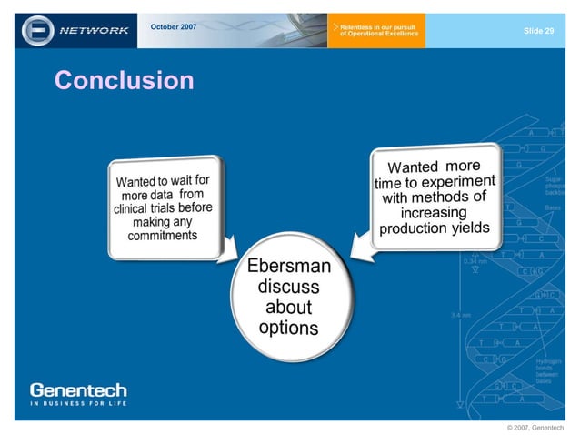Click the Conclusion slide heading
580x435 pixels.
[125, 81]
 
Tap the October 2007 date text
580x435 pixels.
[173, 26]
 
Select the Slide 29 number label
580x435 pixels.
[538, 31]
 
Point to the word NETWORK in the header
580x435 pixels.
[95, 30]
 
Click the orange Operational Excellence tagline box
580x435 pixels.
[375, 31]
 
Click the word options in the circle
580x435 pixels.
[288, 327]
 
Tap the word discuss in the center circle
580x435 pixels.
[288, 287]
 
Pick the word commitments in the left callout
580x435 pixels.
[163, 236]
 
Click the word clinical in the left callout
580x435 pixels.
[131, 209]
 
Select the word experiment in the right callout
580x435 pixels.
[464, 181]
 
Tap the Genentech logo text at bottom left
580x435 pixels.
[78, 389]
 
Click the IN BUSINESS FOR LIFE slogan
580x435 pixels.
[78, 403]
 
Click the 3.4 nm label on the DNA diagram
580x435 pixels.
[460, 315]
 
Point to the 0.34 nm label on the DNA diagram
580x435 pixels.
[475, 261]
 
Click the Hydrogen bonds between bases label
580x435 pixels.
[548, 370]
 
